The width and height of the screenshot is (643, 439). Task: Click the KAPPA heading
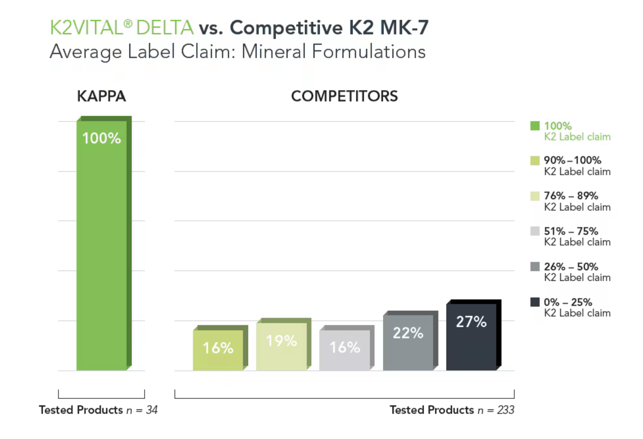tap(102, 96)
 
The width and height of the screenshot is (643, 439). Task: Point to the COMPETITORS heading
tap(344, 96)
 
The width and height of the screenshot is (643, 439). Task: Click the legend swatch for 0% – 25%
tap(535, 302)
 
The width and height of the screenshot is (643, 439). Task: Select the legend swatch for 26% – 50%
tap(535, 267)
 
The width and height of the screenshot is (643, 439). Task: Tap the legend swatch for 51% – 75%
tap(535, 231)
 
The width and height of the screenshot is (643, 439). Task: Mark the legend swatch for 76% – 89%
tap(535, 196)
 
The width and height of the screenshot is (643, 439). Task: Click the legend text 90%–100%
tap(572, 160)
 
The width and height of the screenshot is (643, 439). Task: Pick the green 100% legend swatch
tap(535, 126)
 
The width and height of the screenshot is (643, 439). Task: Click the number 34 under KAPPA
tap(152, 410)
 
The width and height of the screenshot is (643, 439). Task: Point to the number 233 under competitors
tap(506, 410)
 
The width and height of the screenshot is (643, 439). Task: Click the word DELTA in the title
tap(165, 28)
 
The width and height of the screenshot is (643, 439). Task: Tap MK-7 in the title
tap(404, 28)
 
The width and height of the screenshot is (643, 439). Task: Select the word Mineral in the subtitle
tap(274, 51)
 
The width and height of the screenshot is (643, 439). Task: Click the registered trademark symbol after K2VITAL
tap(128, 24)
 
